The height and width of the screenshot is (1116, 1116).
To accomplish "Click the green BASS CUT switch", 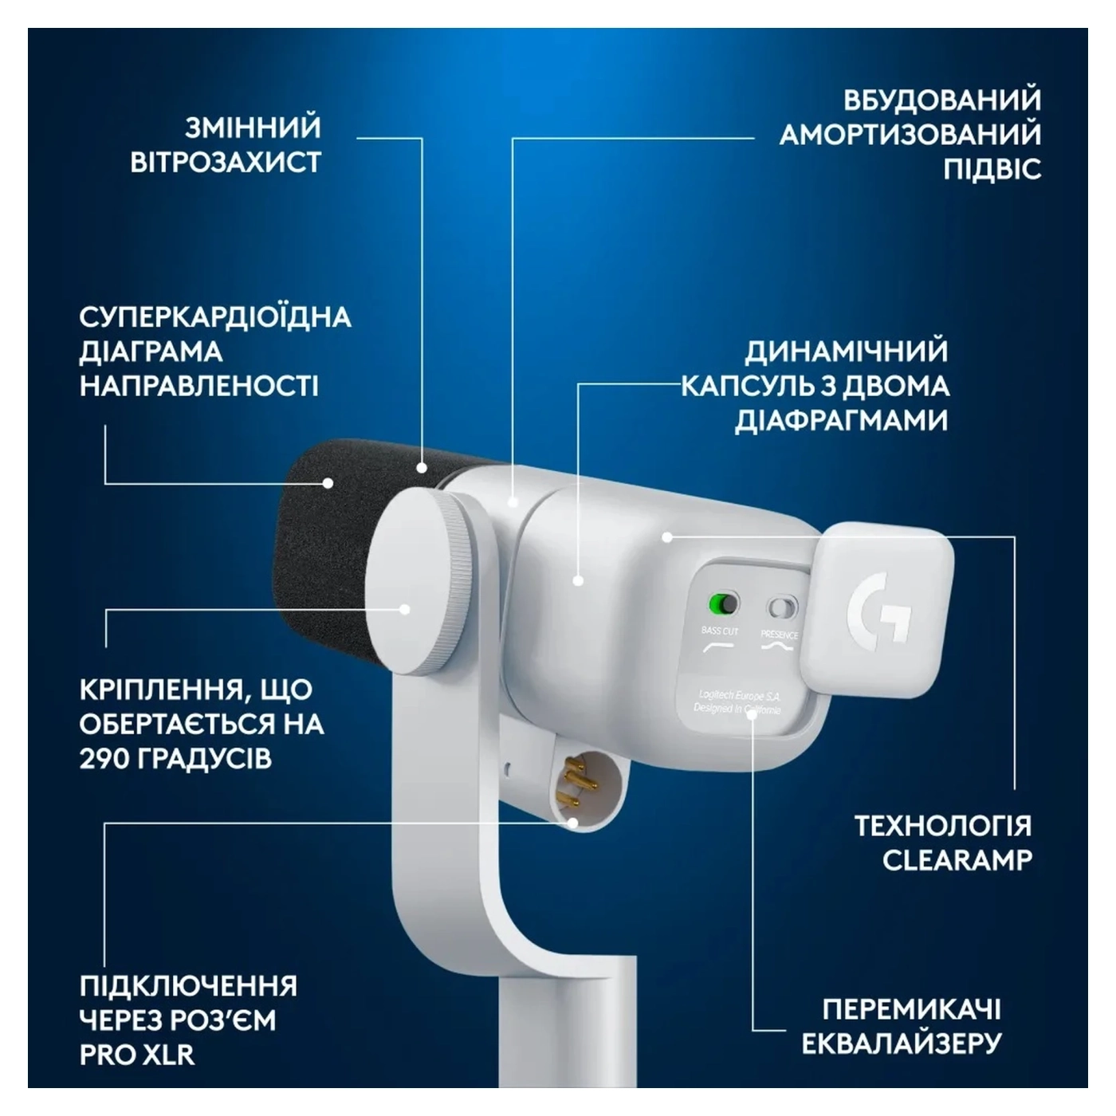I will click(724, 604).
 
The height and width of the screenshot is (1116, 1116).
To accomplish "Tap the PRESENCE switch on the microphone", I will click(781, 608).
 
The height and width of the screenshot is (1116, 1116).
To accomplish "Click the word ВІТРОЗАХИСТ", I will click(226, 163).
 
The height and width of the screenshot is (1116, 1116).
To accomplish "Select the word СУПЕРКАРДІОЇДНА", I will click(215, 317).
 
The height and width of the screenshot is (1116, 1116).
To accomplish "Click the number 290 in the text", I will click(104, 758).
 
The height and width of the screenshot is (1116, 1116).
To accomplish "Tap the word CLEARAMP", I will click(957, 860).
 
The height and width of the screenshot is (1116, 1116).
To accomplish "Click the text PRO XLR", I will click(137, 1055).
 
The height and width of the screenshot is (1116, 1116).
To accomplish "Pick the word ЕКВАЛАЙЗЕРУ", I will click(901, 1043).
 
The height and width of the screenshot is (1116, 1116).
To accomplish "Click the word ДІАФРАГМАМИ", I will click(841, 421).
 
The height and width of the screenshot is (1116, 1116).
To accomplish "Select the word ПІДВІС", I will click(992, 170).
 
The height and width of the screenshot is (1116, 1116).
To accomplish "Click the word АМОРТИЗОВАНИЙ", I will click(910, 135).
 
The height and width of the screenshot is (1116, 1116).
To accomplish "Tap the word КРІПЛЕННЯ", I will click(156, 690).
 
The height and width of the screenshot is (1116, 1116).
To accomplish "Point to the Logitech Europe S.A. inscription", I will click(739, 696).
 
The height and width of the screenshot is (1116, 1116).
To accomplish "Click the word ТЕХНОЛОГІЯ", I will click(942, 826).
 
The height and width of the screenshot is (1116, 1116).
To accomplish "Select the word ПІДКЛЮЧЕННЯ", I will click(188, 986).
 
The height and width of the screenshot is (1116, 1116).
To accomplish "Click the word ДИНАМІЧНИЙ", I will click(847, 352).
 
